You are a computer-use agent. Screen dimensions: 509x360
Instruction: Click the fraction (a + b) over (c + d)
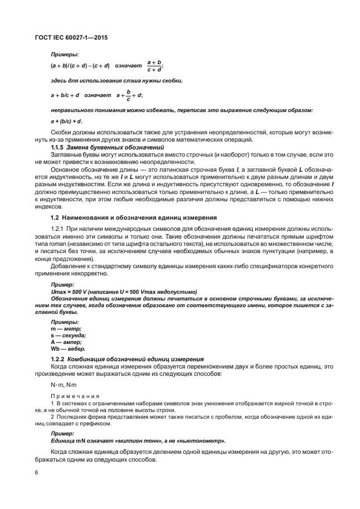coord(154,66)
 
